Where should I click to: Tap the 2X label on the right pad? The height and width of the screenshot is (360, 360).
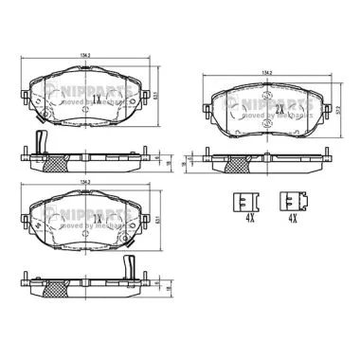pos(280,110)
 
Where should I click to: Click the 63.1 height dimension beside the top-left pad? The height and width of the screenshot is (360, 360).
pos(157,95)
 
